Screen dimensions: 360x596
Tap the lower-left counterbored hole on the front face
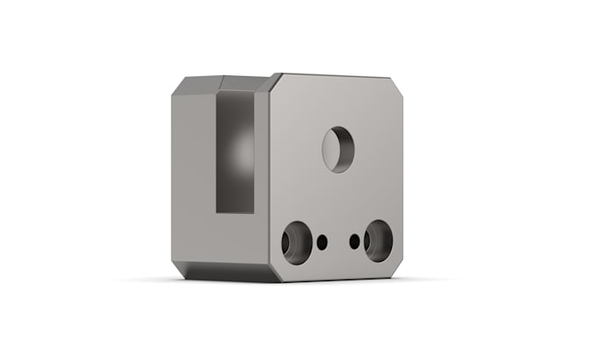point(294,242)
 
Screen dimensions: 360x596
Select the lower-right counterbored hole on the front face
point(380,240)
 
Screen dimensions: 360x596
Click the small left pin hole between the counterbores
point(322,241)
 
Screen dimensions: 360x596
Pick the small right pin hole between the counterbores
point(354,240)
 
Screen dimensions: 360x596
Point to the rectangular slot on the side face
point(234,153)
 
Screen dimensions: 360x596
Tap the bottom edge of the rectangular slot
point(234,213)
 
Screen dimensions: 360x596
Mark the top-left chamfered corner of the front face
point(274,82)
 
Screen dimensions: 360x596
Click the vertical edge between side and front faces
point(268,175)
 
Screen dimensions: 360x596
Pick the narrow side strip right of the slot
point(261,175)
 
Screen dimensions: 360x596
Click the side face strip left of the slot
point(193,175)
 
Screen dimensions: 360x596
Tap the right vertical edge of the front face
point(402,175)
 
